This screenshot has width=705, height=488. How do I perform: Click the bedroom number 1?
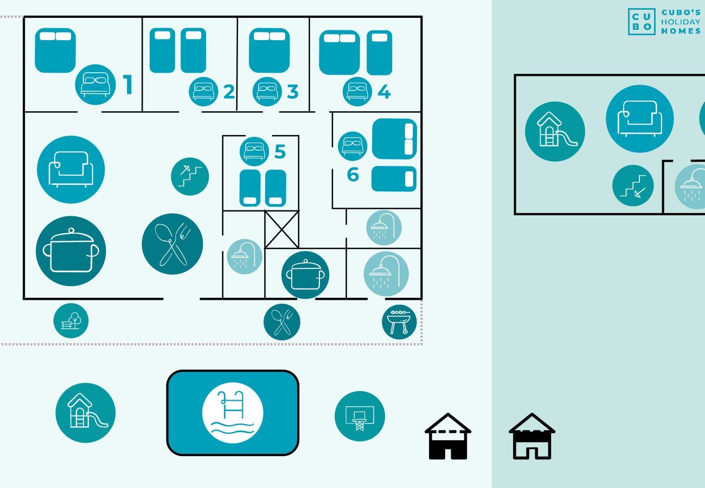[127, 85]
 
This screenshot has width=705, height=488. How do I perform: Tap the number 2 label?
[229, 92]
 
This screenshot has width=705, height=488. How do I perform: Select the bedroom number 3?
[293, 92]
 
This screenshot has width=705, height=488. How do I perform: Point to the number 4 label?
[384, 92]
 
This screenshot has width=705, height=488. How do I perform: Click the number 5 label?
[280, 151]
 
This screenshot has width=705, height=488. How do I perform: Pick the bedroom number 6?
[353, 174]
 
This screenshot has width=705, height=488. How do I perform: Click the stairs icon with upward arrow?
[190, 177]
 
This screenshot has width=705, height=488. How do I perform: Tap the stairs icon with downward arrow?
[633, 185]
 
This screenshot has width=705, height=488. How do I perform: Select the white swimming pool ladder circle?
[233, 413]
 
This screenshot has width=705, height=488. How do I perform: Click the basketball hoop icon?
[360, 416]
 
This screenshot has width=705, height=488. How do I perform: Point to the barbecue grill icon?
[399, 322]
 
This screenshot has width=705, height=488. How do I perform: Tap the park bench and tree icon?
[71, 320]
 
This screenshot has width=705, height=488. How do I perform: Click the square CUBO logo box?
[642, 22]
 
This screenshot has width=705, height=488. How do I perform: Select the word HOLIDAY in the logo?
[681, 22]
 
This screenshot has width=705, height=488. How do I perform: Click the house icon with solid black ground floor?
[448, 436]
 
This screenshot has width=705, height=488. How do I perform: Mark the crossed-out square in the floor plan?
[281, 229]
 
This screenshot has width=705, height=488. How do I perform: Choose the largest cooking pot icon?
[71, 251]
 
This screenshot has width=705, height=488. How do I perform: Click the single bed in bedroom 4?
[379, 53]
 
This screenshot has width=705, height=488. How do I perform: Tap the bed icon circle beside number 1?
[95, 85]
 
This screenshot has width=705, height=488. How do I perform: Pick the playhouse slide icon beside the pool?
[85, 413]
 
